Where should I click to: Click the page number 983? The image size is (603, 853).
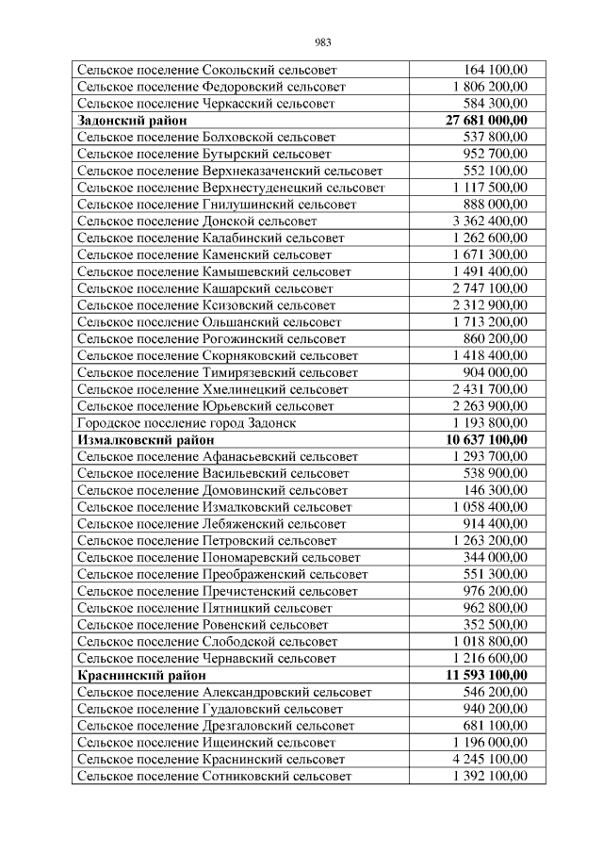(322, 42)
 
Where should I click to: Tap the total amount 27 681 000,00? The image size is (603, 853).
(486, 121)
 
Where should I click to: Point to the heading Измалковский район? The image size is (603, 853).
(142, 440)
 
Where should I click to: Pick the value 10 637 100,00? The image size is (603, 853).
(486, 440)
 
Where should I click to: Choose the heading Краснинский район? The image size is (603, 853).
(140, 676)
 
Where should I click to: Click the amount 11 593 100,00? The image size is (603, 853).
(486, 676)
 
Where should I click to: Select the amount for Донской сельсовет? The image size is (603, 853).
(490, 221)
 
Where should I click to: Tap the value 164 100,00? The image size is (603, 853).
(496, 70)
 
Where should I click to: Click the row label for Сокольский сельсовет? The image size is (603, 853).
(206, 70)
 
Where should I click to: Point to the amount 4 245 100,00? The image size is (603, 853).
(490, 759)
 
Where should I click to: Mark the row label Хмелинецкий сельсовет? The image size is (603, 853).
(213, 389)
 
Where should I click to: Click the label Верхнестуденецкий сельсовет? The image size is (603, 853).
(231, 188)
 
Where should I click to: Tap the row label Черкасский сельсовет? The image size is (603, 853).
(207, 104)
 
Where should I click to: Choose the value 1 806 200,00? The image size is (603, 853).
(490, 87)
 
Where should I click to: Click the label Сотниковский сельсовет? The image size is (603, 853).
(214, 776)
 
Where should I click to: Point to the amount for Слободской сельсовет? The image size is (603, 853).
(490, 642)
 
